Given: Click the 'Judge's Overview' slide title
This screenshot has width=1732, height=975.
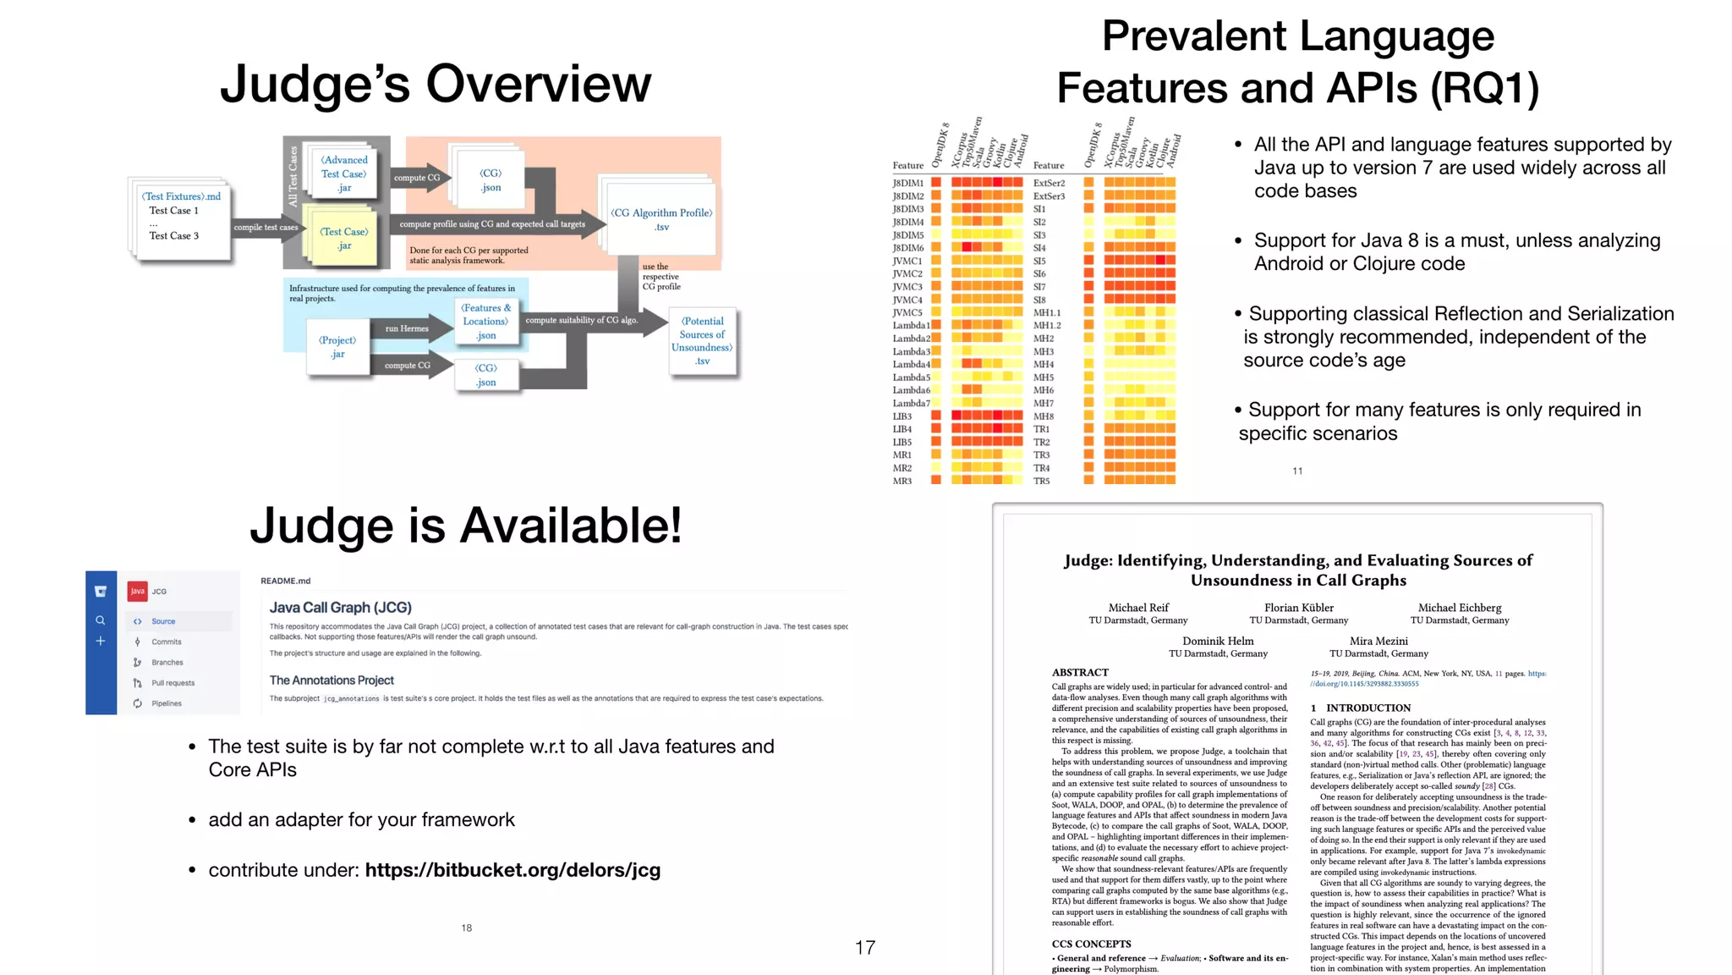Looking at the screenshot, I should (436, 84).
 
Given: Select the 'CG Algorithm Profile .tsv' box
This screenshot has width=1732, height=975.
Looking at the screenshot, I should (660, 218).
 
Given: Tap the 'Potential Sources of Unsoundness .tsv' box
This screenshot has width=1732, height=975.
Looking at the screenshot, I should (702, 340).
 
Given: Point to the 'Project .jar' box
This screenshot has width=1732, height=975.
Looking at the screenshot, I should (337, 346).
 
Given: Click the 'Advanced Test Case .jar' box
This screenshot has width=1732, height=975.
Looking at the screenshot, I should (343, 174).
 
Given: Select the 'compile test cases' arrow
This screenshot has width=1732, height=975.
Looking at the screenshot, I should (266, 228).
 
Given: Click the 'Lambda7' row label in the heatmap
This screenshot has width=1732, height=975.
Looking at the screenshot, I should (911, 404).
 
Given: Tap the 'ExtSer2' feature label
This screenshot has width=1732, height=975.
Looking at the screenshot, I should (1049, 183).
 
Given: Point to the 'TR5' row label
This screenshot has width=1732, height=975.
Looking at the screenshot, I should (1041, 481).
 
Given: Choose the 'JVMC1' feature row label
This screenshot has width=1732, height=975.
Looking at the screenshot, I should (907, 261).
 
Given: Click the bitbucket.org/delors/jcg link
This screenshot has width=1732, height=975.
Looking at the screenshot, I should (512, 870).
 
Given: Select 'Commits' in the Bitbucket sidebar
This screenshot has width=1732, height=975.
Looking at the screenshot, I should (167, 642).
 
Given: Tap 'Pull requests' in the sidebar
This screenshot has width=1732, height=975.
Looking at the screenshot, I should (173, 683).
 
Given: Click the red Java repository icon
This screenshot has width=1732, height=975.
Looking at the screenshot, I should (137, 591).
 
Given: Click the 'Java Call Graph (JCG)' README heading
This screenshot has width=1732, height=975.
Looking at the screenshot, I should (340, 608).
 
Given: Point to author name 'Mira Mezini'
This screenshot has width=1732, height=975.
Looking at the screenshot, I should (1378, 641).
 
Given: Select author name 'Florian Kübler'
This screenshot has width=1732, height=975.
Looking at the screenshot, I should (1298, 608).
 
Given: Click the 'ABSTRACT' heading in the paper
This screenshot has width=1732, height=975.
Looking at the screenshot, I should (1080, 672).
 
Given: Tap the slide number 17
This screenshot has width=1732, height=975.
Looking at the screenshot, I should (864, 948).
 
